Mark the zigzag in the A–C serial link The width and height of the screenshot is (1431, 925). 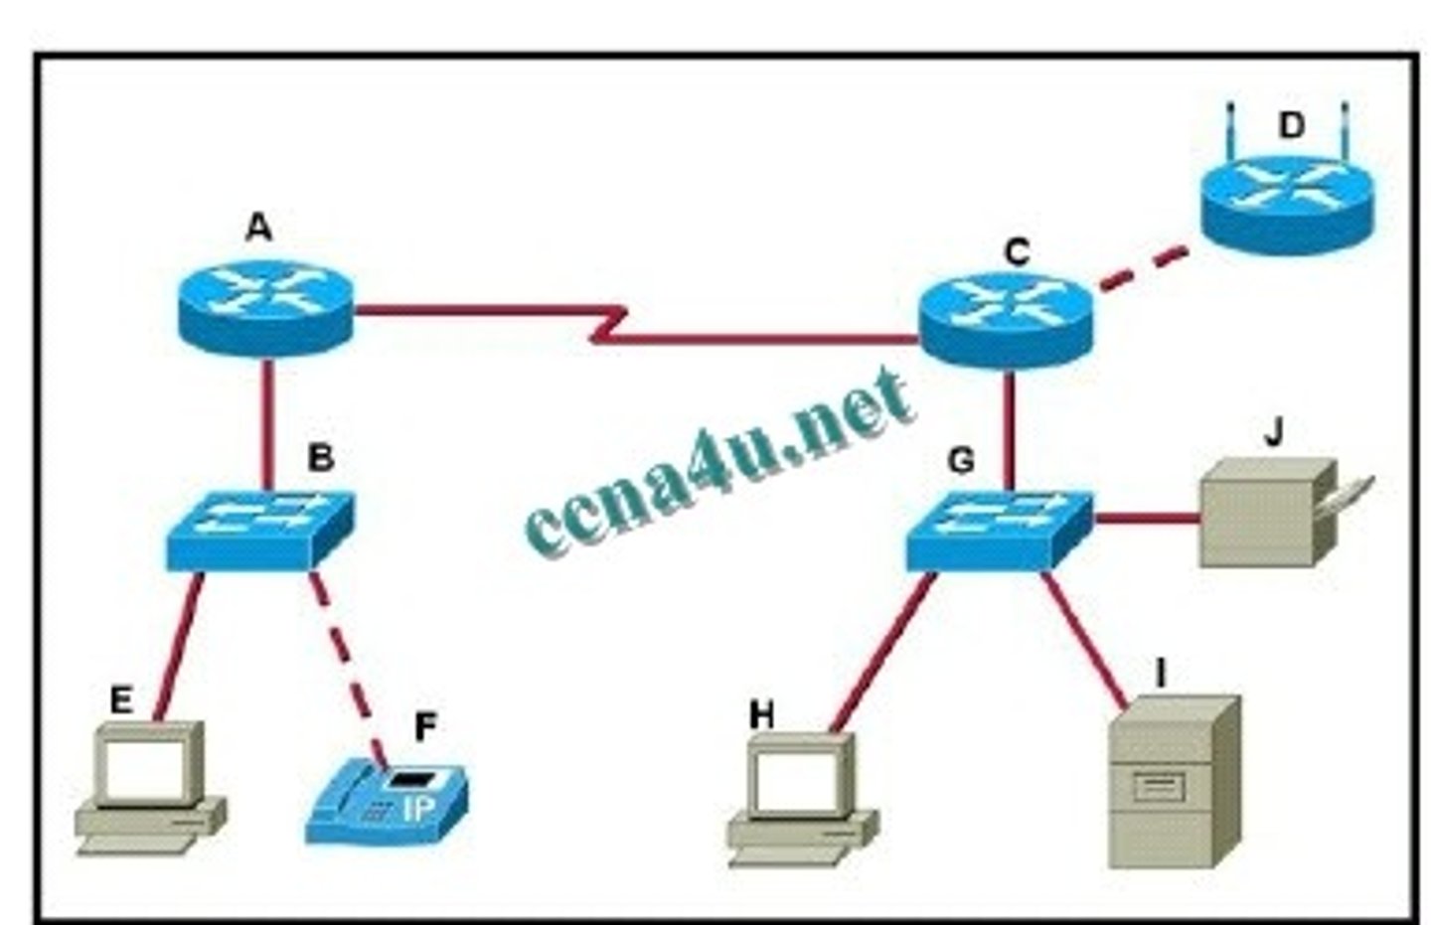click(x=608, y=325)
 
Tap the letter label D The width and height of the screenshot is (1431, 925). click(x=1291, y=126)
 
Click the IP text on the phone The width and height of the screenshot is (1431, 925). click(x=418, y=809)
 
